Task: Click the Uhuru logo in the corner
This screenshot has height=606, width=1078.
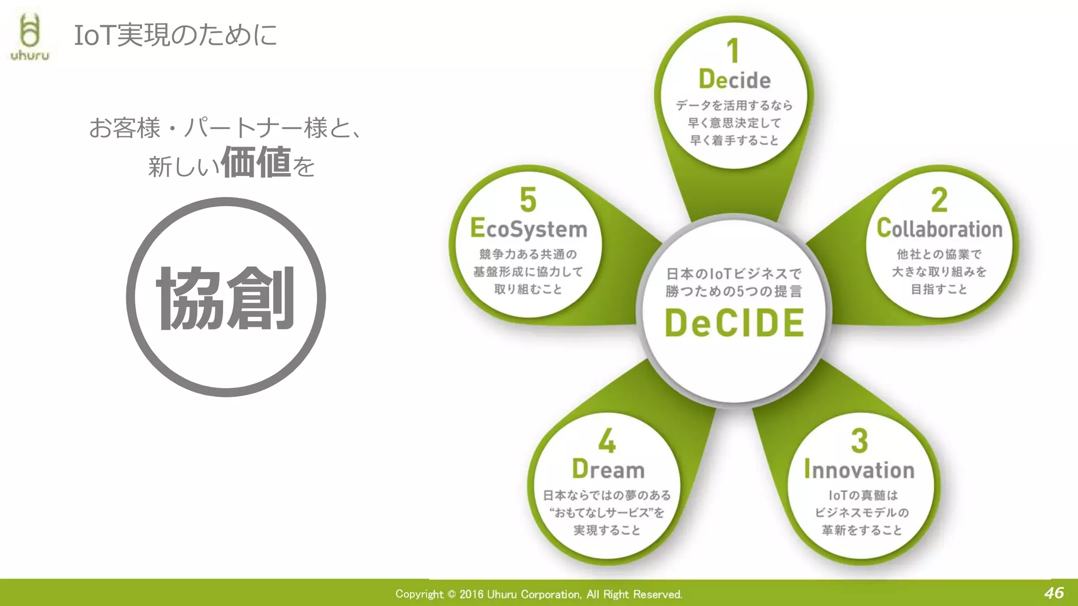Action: (30, 37)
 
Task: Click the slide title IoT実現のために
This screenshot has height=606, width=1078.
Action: (175, 35)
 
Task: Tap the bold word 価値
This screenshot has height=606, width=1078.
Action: (256, 163)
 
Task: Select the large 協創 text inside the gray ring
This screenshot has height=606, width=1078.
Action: (226, 298)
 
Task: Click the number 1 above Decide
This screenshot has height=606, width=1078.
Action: (733, 51)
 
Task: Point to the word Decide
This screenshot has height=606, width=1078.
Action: (735, 80)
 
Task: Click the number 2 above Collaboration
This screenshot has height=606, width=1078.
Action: (939, 200)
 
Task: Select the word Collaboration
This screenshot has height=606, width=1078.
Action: (940, 229)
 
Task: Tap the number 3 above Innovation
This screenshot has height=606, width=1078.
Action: (859, 441)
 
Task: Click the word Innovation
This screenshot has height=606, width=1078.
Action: (859, 470)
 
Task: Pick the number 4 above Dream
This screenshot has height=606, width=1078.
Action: (607, 441)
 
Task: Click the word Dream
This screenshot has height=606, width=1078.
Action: (608, 470)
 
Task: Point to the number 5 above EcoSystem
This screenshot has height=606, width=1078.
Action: (528, 200)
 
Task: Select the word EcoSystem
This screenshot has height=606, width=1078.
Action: (528, 229)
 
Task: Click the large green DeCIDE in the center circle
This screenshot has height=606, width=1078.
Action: (734, 323)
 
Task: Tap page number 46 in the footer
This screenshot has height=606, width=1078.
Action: (1054, 593)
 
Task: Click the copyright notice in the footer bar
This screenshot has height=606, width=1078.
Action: (538, 594)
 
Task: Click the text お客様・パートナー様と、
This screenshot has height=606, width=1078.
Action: (225, 128)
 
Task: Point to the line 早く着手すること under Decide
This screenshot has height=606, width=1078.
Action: (734, 141)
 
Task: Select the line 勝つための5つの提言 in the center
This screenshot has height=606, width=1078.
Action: (734, 291)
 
